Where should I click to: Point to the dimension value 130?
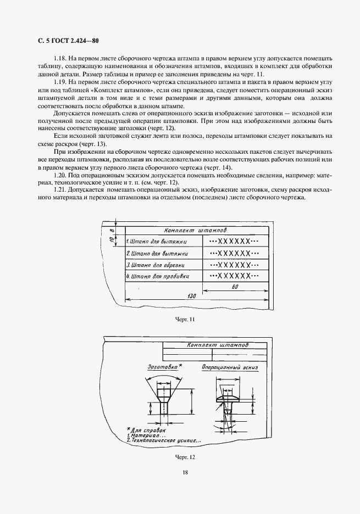pos(192,296)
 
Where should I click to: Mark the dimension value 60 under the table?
pos(234,287)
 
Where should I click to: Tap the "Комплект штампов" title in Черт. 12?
pos(217,345)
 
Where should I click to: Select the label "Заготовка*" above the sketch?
pos(165,366)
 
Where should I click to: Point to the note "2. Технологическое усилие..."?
pos(164,440)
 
